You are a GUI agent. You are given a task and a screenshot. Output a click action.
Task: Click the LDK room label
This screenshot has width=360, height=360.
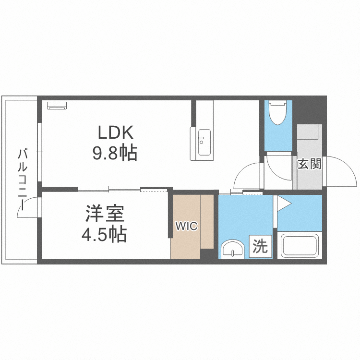(x=116, y=132)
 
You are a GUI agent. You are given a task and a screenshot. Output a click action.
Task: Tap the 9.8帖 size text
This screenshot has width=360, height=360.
(x=115, y=153)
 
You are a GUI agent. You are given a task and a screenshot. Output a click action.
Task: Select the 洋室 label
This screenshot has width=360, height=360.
(x=105, y=214)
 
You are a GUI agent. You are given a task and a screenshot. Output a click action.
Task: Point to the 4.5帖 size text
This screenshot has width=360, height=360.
(x=105, y=234)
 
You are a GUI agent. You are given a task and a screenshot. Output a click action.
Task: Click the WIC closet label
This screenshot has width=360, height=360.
(x=186, y=226)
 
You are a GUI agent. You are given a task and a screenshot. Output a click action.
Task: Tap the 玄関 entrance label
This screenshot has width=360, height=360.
(x=309, y=164)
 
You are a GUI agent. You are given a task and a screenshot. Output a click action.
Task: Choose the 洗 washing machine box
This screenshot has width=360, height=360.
(x=261, y=246)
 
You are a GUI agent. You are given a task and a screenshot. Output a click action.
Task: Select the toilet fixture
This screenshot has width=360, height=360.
(x=278, y=113)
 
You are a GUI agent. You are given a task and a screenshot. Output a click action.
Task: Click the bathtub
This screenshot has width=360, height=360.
(x=300, y=245)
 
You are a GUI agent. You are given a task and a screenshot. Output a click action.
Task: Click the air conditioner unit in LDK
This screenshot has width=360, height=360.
(x=57, y=106)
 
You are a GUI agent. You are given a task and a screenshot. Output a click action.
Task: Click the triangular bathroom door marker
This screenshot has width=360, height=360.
(x=284, y=204)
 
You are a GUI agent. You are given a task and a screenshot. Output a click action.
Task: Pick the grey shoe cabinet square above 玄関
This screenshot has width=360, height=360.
(x=307, y=132)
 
